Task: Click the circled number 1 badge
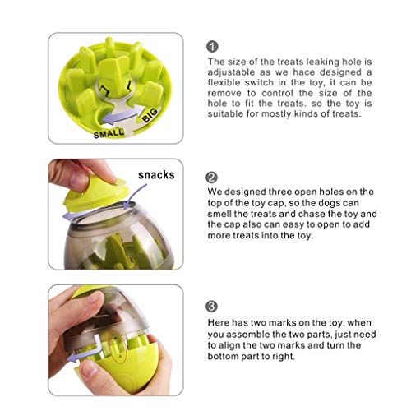(212, 47)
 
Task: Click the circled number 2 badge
(211, 178)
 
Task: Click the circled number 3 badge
(211, 307)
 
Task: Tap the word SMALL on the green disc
(109, 134)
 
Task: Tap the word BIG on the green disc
(150, 115)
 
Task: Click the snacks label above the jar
(156, 175)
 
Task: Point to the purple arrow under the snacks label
(134, 196)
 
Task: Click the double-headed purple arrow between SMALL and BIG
(122, 116)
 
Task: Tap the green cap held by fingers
(95, 195)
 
